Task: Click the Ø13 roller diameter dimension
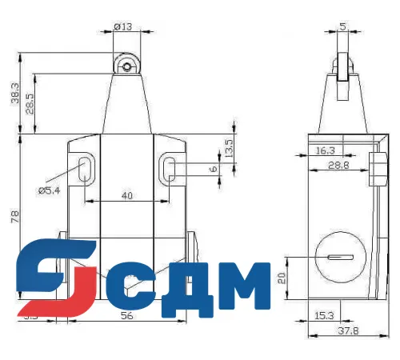click(x=123, y=26)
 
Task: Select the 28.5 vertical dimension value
click(x=30, y=105)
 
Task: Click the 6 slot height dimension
click(x=213, y=170)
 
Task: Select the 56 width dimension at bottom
click(x=126, y=316)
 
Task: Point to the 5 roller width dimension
click(x=342, y=26)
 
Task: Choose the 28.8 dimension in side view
click(x=340, y=166)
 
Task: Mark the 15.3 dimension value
click(x=323, y=316)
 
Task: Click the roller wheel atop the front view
click(x=126, y=68)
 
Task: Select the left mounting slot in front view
click(x=85, y=167)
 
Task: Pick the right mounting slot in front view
click(x=170, y=167)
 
